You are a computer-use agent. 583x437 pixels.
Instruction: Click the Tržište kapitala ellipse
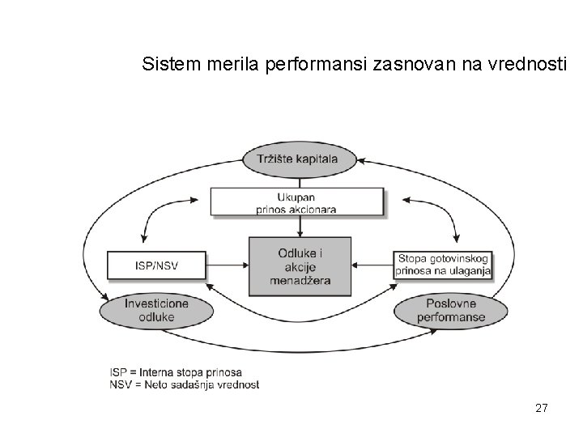click(x=300, y=158)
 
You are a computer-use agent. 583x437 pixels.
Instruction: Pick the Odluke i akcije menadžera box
click(x=300, y=266)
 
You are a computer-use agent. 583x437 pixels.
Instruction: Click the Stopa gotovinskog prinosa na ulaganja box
click(x=444, y=265)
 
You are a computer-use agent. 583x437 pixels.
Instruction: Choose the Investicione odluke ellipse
click(x=157, y=310)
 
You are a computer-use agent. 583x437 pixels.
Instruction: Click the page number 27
click(x=542, y=409)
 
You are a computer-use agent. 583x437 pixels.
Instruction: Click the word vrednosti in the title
click(x=530, y=63)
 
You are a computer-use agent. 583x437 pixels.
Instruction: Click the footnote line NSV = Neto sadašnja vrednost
click(x=185, y=384)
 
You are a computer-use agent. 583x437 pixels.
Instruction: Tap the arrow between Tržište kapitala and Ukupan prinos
click(x=300, y=180)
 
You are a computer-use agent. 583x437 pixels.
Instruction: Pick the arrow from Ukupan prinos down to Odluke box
click(x=300, y=227)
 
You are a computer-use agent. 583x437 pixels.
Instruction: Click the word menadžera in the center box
click(x=300, y=280)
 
